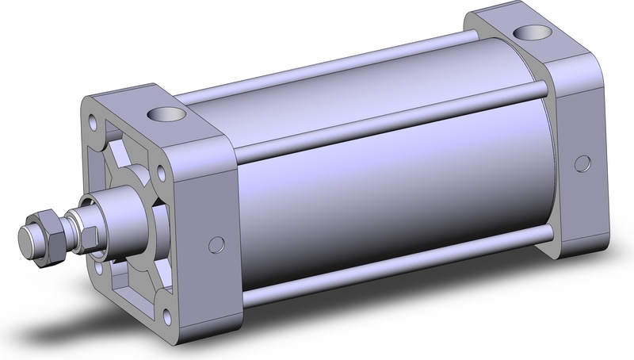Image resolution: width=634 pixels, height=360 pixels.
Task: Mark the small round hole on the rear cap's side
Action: [x=584, y=164]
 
